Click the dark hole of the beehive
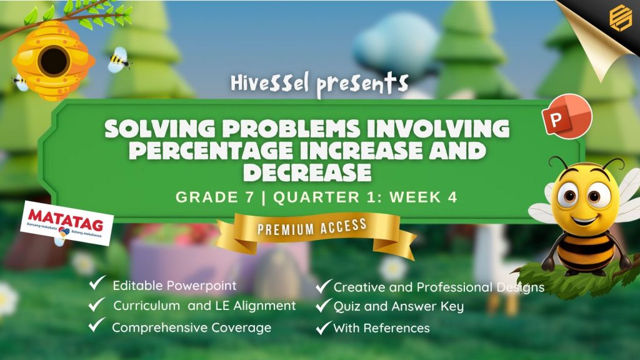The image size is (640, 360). tap(54, 61)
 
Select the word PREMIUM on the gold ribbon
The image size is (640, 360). tap(286, 229)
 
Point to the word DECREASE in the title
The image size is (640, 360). tap(307, 172)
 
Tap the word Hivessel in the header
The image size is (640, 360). tap(269, 83)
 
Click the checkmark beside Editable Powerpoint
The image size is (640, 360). tap(97, 282)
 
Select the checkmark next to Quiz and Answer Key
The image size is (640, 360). tap(323, 305)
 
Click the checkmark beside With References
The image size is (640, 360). tap(323, 327)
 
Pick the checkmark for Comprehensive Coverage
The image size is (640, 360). tap(97, 325)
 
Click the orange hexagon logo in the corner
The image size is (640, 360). tap(621, 17)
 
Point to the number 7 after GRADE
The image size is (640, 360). tap(249, 197)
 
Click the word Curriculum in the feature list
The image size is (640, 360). tap(146, 306)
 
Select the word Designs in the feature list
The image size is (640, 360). tap(521, 287)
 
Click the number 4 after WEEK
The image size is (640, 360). tap(452, 197)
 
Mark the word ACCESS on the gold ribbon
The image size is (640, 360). tap(343, 226)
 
